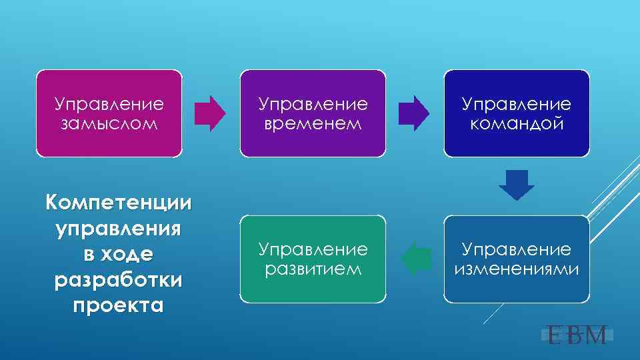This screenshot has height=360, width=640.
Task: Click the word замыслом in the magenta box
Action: pyautogui.click(x=109, y=123)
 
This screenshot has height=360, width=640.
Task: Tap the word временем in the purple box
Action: pyautogui.click(x=313, y=123)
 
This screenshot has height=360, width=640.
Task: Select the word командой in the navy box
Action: pyautogui.click(x=517, y=123)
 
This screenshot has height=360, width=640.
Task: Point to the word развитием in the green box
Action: pyautogui.click(x=313, y=269)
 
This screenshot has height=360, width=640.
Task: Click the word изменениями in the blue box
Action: pyautogui.click(x=517, y=269)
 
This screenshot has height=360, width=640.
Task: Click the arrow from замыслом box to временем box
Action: pyautogui.click(x=210, y=113)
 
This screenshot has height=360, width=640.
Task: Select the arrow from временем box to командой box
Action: pyautogui.click(x=414, y=113)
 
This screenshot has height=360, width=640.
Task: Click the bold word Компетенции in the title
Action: pyautogui.click(x=118, y=202)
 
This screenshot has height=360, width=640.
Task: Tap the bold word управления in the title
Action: pyautogui.click(x=118, y=228)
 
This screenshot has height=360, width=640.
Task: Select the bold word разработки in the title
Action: pyautogui.click(x=118, y=280)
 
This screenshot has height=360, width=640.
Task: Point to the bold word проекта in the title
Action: pyautogui.click(x=118, y=306)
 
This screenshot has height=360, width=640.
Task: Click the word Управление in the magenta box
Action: pyautogui.click(x=109, y=105)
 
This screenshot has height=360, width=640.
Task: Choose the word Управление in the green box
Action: pyautogui.click(x=313, y=250)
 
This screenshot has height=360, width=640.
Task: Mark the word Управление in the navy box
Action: pyautogui.click(x=517, y=105)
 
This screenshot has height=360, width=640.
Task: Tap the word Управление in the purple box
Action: pyautogui.click(x=313, y=105)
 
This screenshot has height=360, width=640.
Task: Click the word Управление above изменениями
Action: pyautogui.click(x=517, y=250)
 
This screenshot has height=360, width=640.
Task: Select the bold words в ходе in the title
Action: pyautogui.click(x=118, y=254)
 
